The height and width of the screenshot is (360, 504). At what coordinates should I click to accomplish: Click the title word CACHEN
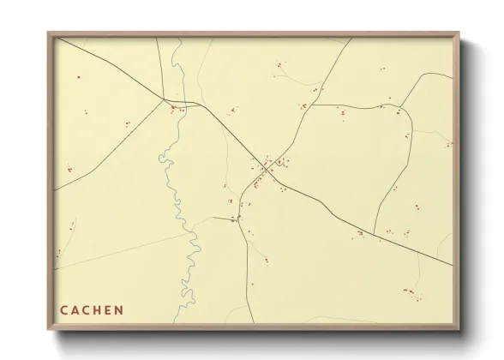coord(92,310)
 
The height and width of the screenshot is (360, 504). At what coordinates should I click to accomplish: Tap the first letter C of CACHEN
coord(63,310)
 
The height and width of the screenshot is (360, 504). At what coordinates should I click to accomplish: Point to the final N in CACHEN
coord(119,310)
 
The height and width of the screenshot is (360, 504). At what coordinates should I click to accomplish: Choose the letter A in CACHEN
coord(74,310)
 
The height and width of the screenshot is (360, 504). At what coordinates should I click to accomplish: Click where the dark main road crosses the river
coord(181,105)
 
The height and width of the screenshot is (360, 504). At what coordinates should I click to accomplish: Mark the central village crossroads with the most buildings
coord(268,166)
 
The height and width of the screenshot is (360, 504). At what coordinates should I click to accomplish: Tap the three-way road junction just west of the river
coord(165,100)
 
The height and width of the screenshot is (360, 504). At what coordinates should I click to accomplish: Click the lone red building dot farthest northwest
coord(78,76)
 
